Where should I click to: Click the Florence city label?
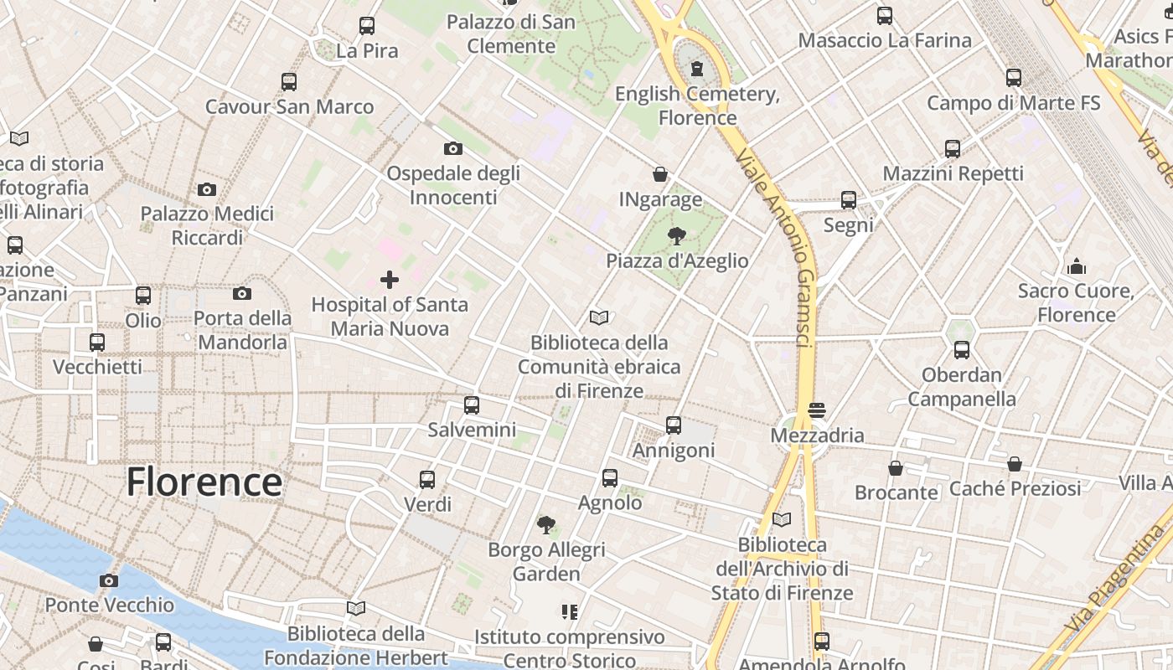[x=204, y=482]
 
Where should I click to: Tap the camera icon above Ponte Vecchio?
[x=109, y=580]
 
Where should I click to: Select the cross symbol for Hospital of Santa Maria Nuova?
[x=390, y=280]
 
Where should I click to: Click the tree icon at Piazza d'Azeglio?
[x=677, y=236]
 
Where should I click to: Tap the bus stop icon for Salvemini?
[x=472, y=405]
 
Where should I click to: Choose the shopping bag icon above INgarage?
[x=660, y=174]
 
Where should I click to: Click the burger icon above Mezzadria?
[x=817, y=410]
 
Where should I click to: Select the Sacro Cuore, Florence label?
[x=1077, y=303]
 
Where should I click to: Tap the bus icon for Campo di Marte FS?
[x=1014, y=78]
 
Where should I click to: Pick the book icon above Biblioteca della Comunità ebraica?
[x=599, y=317]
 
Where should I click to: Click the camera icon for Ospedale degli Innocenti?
[x=453, y=149]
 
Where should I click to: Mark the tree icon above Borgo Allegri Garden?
[x=546, y=525]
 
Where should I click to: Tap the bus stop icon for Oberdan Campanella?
[x=962, y=350]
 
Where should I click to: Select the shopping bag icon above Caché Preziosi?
[x=1015, y=463]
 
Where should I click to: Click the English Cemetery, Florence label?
[x=697, y=106]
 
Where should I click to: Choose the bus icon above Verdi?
[x=427, y=480]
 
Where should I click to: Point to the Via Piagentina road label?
[x=1119, y=578]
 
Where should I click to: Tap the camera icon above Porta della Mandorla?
[x=242, y=293]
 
